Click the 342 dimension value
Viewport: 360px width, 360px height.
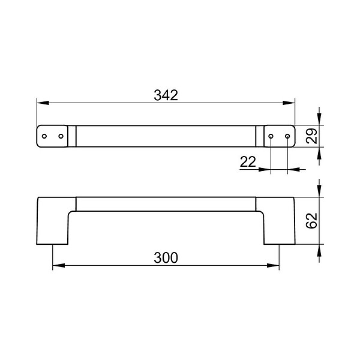point(166,95)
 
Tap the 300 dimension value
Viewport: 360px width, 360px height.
point(166,257)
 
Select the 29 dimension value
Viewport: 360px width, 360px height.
point(312,136)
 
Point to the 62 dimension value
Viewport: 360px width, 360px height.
point(312,221)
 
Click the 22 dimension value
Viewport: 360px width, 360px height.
point(248,162)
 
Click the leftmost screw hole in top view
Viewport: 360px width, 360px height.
point(44,136)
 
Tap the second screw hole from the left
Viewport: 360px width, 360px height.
point(61,136)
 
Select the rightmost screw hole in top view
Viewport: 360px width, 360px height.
point(287,136)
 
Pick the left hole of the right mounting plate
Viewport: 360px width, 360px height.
point(271,136)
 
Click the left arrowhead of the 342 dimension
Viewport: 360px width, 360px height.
point(43,103)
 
